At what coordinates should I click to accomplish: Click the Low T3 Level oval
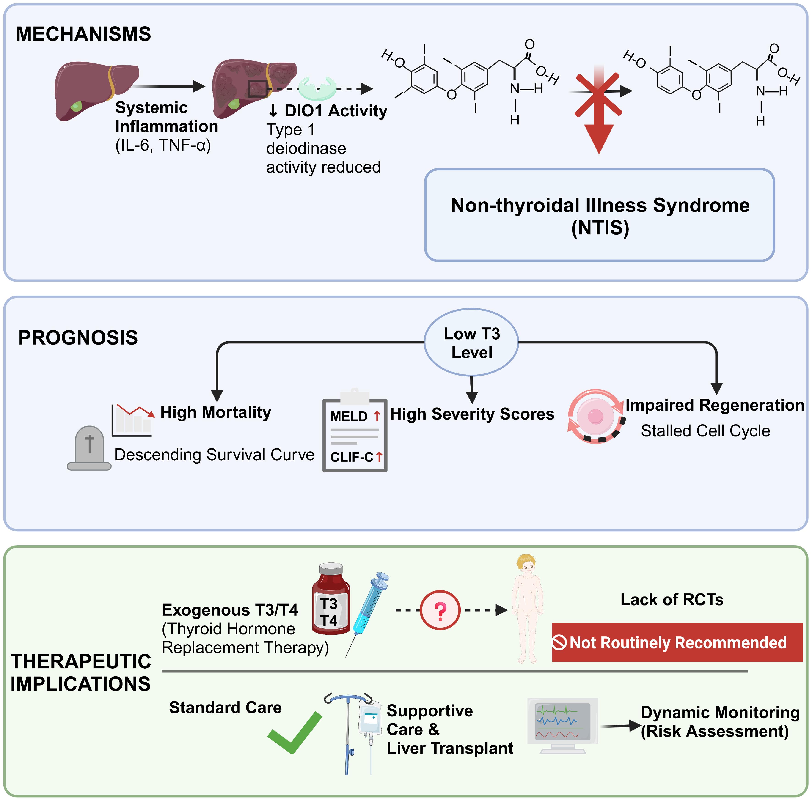pyautogui.click(x=472, y=343)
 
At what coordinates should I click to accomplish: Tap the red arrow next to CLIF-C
pyautogui.click(x=379, y=456)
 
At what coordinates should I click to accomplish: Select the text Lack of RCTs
pyautogui.click(x=672, y=600)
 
